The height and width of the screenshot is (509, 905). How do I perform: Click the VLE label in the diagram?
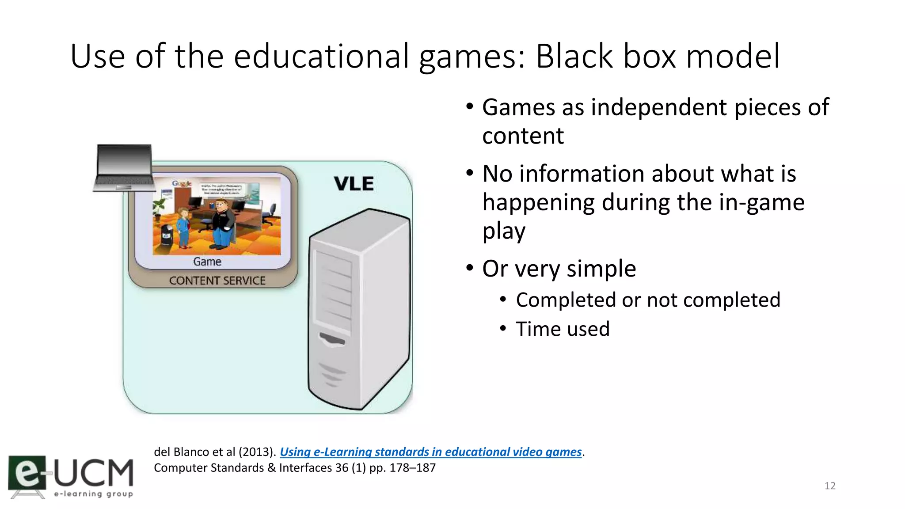coord(354,184)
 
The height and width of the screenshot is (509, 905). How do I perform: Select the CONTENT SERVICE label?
coord(217,281)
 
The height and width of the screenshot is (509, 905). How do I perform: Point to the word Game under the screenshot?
coord(207,262)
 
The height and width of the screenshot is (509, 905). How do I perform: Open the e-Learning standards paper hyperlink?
coord(430,452)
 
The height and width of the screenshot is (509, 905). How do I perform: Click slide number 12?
coord(829,486)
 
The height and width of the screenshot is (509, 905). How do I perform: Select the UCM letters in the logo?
coord(94,473)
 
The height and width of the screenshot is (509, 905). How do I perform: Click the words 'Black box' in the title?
coord(605,57)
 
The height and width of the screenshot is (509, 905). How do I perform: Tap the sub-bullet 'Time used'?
coord(563,329)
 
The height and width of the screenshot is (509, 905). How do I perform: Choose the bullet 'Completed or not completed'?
coord(648,300)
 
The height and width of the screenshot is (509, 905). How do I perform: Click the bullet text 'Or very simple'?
coord(559,269)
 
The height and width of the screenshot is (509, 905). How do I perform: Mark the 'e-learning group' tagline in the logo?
coord(93,494)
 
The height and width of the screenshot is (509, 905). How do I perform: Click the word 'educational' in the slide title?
coord(321,57)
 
